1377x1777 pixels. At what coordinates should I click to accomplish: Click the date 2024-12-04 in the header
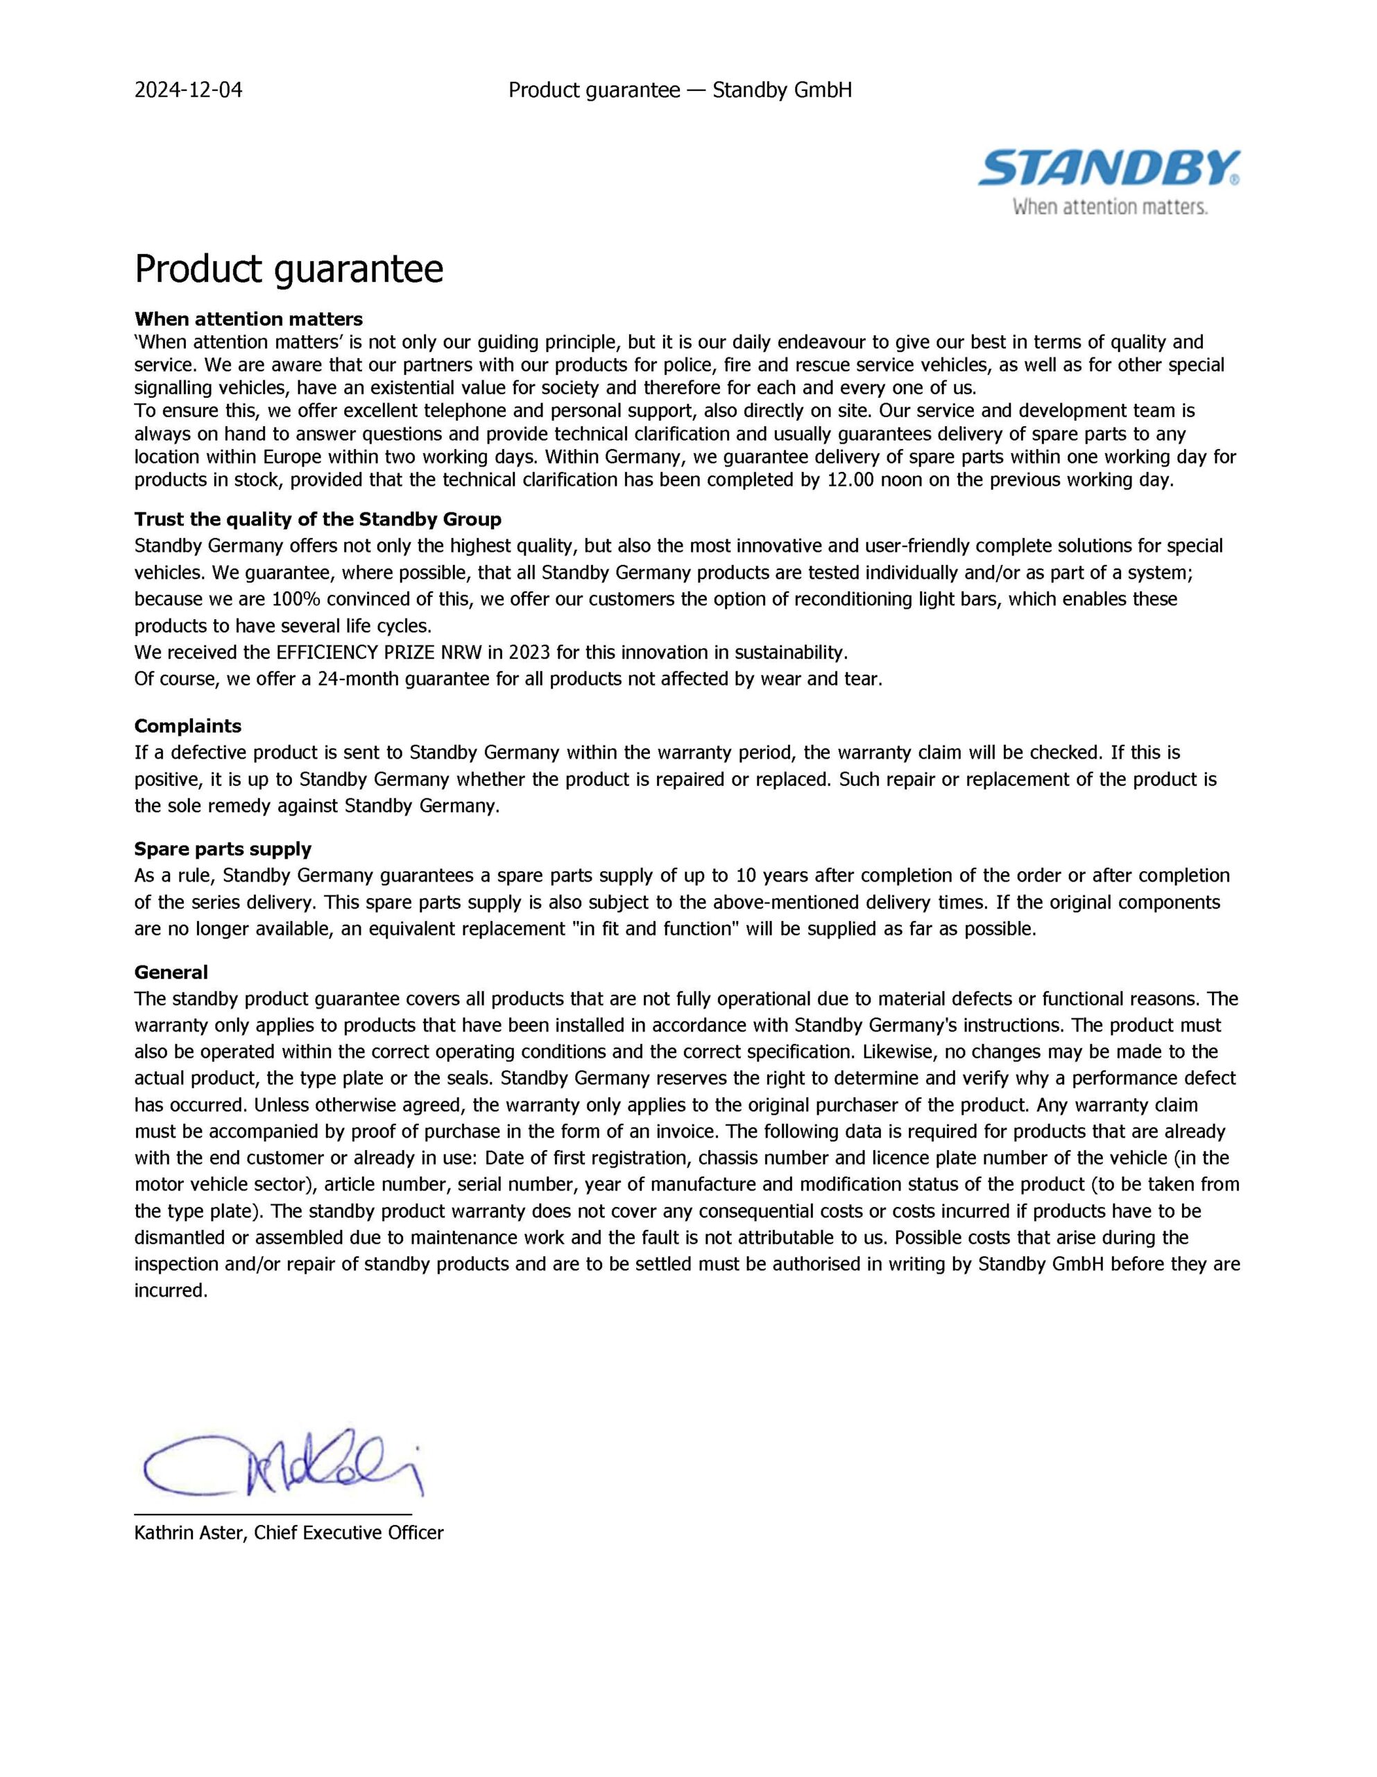pyautogui.click(x=188, y=90)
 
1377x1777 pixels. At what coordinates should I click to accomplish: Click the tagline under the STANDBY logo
pyautogui.click(x=1109, y=208)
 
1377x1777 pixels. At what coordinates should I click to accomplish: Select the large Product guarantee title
pyautogui.click(x=289, y=269)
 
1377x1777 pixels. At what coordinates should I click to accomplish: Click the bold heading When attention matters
pyautogui.click(x=248, y=319)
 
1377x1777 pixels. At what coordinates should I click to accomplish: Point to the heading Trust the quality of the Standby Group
pyautogui.click(x=317, y=519)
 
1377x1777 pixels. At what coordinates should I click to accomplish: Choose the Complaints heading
pyautogui.click(x=188, y=726)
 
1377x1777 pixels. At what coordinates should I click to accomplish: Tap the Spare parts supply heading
pyautogui.click(x=223, y=850)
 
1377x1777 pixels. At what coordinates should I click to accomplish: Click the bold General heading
pyautogui.click(x=171, y=972)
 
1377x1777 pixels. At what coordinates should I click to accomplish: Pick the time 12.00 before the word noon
pyautogui.click(x=850, y=479)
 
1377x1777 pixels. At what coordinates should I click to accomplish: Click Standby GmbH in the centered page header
pyautogui.click(x=782, y=90)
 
